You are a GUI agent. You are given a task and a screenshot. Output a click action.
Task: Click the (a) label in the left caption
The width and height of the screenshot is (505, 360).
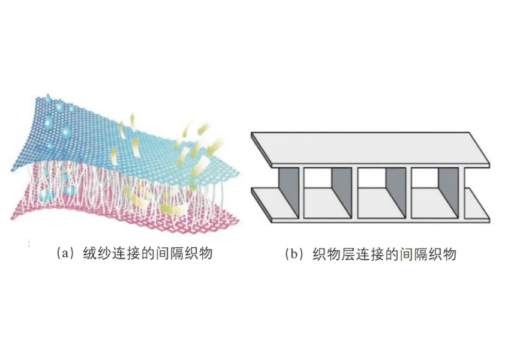point(66,253)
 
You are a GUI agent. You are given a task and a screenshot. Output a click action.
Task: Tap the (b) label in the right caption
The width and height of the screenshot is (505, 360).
point(294,254)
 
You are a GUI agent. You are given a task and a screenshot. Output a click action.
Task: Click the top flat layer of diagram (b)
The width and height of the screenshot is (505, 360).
point(371,149)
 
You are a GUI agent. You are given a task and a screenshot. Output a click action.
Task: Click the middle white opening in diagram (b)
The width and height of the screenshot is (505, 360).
point(371,177)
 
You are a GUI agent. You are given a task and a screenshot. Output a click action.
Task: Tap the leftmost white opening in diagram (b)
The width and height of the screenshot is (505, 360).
point(317,177)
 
